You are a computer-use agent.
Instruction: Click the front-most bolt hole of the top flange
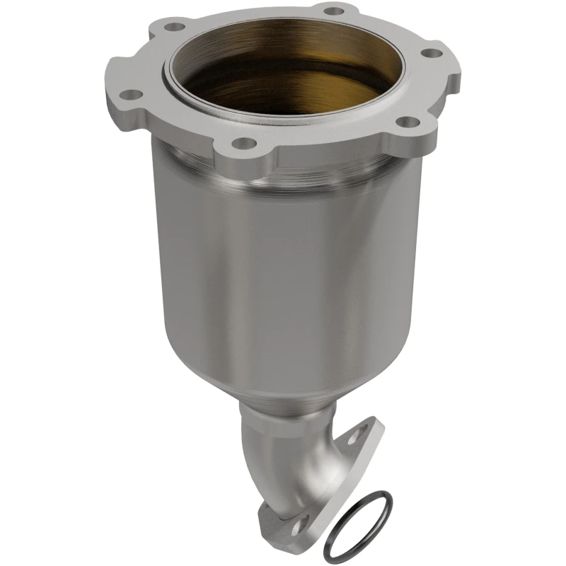coord(243,144)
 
